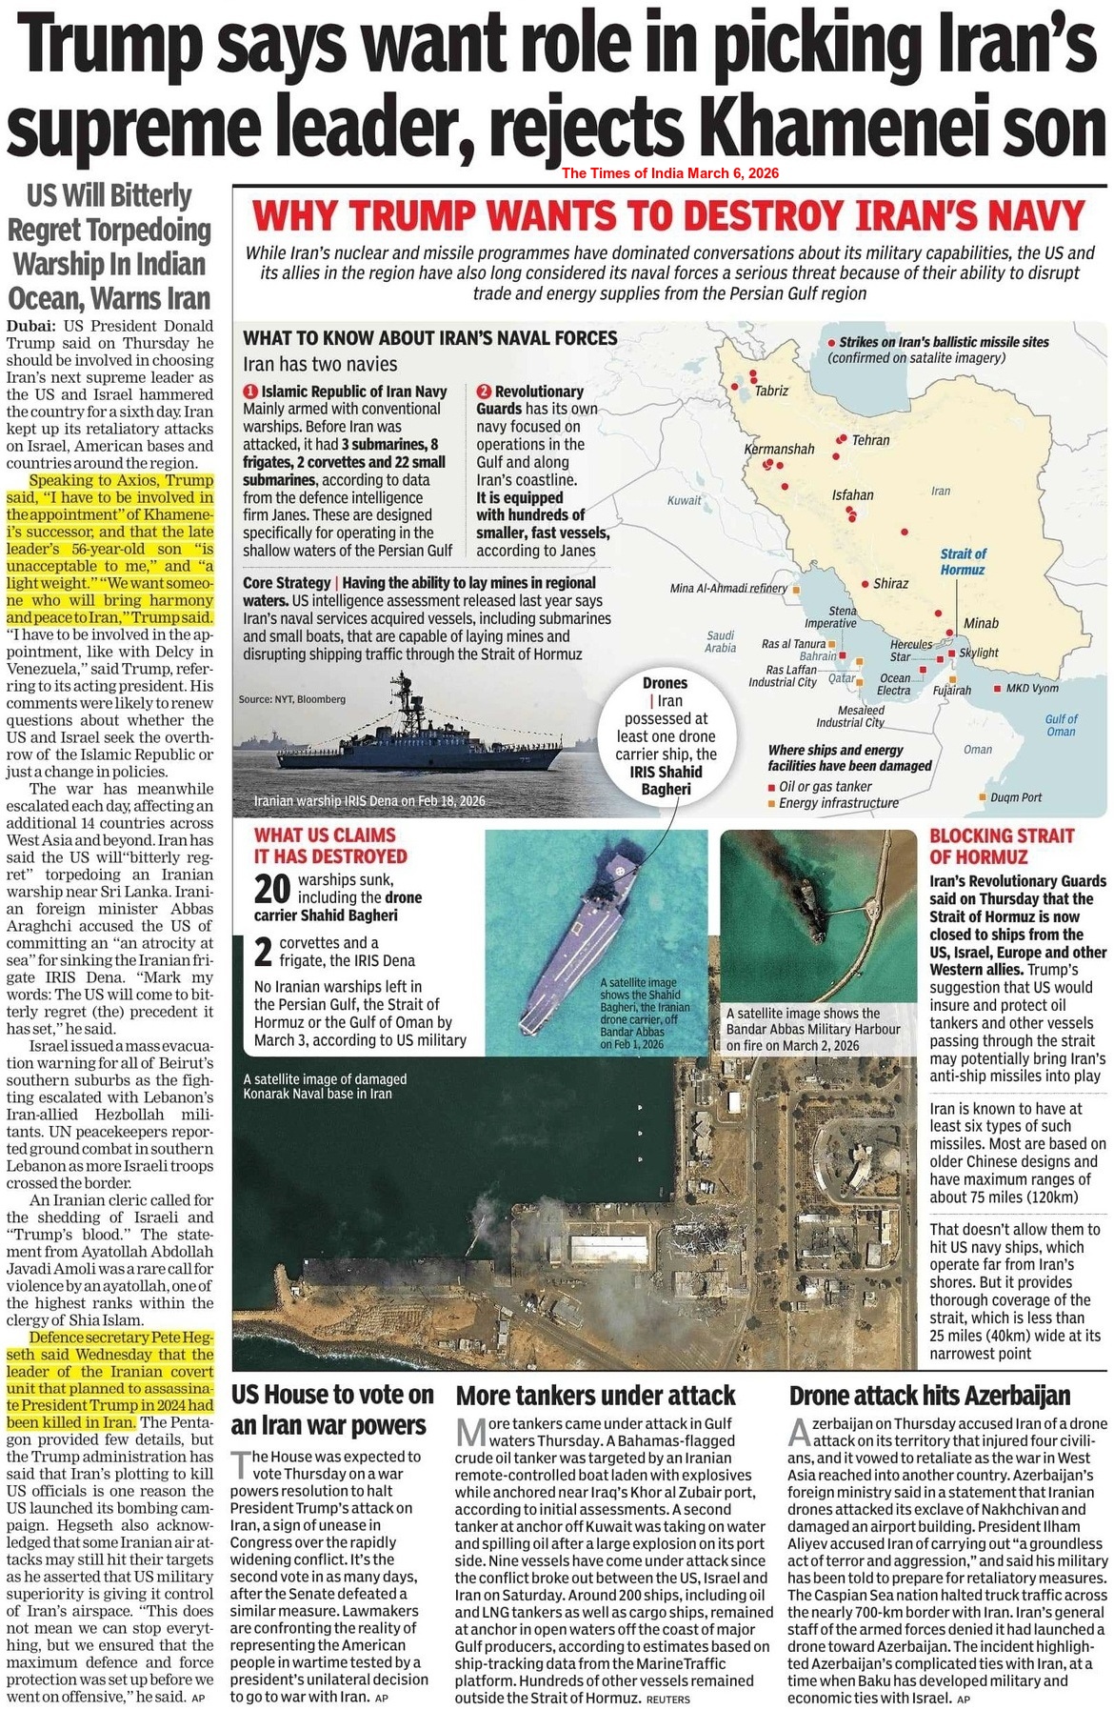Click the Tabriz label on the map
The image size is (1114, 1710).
click(x=770, y=391)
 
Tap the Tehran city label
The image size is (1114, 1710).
click(x=870, y=440)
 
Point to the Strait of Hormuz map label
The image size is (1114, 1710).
click(x=963, y=561)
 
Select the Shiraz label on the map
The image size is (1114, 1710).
click(x=890, y=583)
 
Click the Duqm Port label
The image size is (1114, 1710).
click(x=1016, y=797)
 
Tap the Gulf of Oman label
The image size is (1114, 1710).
click(x=1061, y=725)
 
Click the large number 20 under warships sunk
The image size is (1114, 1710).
click(x=271, y=889)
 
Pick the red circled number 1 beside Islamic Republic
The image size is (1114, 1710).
click(x=250, y=392)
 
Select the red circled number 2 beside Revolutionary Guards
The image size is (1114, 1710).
click(x=484, y=392)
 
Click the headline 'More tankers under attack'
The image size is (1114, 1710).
click(x=595, y=1396)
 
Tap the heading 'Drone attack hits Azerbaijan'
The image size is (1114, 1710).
click(x=929, y=1396)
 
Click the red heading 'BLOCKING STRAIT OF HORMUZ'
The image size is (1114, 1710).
click(x=1001, y=846)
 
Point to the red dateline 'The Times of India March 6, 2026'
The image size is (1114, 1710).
click(x=669, y=173)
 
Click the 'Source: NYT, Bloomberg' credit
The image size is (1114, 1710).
click(x=291, y=699)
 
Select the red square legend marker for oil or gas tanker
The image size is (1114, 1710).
click(x=771, y=787)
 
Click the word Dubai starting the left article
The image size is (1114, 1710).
click(x=31, y=326)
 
